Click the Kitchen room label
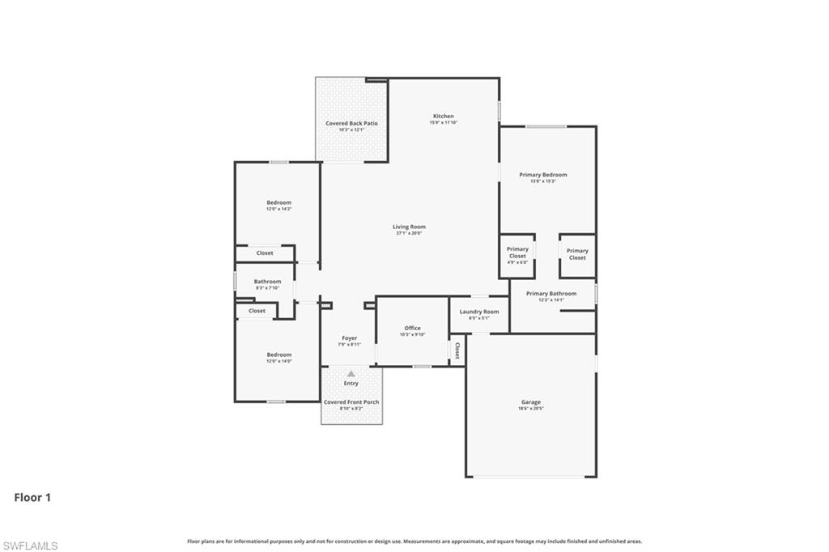point(443,117)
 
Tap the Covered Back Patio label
point(351,124)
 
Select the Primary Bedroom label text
point(543,175)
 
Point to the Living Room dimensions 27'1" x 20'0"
point(410,233)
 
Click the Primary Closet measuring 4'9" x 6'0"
point(517,255)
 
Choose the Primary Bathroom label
point(551,294)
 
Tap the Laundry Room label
point(479,312)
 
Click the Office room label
point(412,328)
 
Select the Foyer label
point(349,338)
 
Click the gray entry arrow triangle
point(351,373)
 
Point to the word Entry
point(351,384)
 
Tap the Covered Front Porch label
point(351,402)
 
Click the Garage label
point(531,402)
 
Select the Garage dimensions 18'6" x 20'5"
point(531,409)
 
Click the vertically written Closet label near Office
point(457,350)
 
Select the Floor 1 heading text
point(32,498)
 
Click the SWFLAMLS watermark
point(30,546)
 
